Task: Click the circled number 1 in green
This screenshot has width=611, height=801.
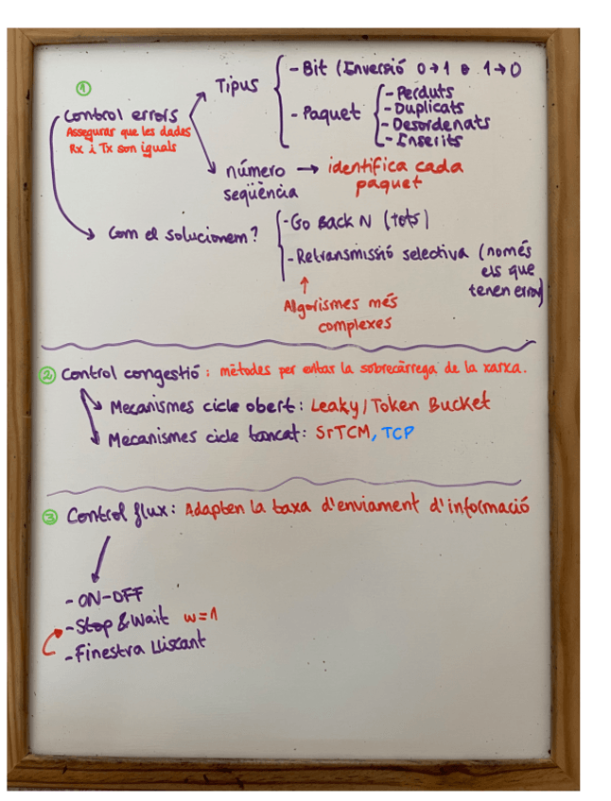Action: point(84,90)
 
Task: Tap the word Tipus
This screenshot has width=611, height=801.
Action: point(236,87)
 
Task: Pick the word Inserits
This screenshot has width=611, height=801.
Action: point(430,140)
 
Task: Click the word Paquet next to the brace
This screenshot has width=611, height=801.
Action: point(330,114)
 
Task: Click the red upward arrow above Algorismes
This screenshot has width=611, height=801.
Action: point(304,283)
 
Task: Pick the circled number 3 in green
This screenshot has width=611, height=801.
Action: point(50,516)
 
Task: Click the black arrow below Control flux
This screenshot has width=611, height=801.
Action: point(98,558)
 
